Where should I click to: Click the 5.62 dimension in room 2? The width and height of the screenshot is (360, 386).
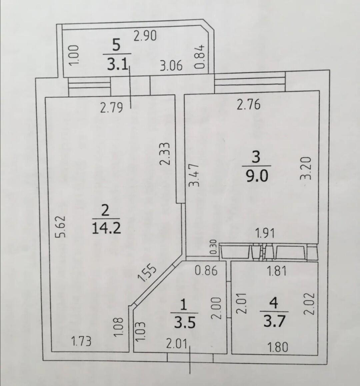(60, 227)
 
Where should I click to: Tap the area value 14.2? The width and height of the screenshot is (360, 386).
(106, 228)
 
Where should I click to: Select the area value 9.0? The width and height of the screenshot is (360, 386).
(257, 176)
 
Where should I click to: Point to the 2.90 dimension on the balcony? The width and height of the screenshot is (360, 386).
(145, 36)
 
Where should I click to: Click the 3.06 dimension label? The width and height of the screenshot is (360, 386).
(171, 66)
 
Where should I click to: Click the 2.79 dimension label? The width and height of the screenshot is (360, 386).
(111, 107)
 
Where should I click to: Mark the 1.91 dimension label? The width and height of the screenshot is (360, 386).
(265, 233)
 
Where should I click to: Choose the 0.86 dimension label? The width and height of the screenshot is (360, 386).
(206, 271)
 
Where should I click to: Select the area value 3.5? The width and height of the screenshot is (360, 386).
(184, 322)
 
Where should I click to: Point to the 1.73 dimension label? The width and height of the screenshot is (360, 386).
(81, 341)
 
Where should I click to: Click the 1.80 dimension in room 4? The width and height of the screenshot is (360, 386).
(277, 347)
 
